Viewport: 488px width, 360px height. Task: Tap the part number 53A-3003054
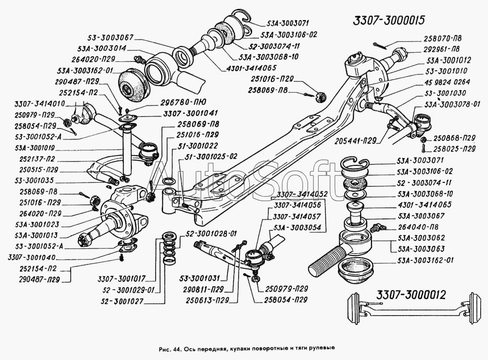click(297, 227)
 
